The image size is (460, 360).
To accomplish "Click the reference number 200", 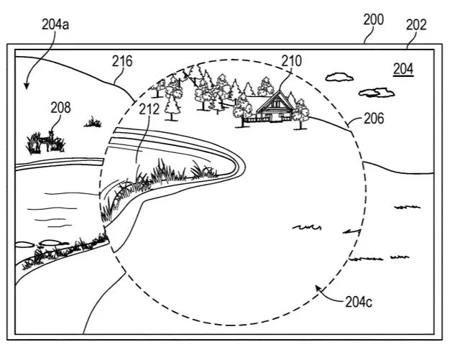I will pyautogui.click(x=373, y=19).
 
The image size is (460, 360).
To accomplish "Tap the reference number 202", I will pyautogui.click(x=416, y=24).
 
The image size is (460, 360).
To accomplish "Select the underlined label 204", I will pyautogui.click(x=404, y=69).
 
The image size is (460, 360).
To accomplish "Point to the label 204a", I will pyautogui.click(x=55, y=25).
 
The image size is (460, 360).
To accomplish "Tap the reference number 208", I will pyautogui.click(x=60, y=108).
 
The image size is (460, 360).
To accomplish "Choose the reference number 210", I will pyautogui.click(x=291, y=61).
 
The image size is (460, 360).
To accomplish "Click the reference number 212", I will pyautogui.click(x=149, y=109).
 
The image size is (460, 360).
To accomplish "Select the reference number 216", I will pyautogui.click(x=123, y=62).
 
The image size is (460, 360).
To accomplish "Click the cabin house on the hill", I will pyautogui.click(x=272, y=107).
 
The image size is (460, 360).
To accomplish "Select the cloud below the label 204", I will pyautogui.click(x=377, y=92).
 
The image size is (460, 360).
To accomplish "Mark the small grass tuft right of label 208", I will pyautogui.click(x=93, y=123).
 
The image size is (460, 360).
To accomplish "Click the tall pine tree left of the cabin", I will pyautogui.click(x=171, y=101).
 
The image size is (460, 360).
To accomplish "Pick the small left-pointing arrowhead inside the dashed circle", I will pyautogui.click(x=347, y=231).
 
